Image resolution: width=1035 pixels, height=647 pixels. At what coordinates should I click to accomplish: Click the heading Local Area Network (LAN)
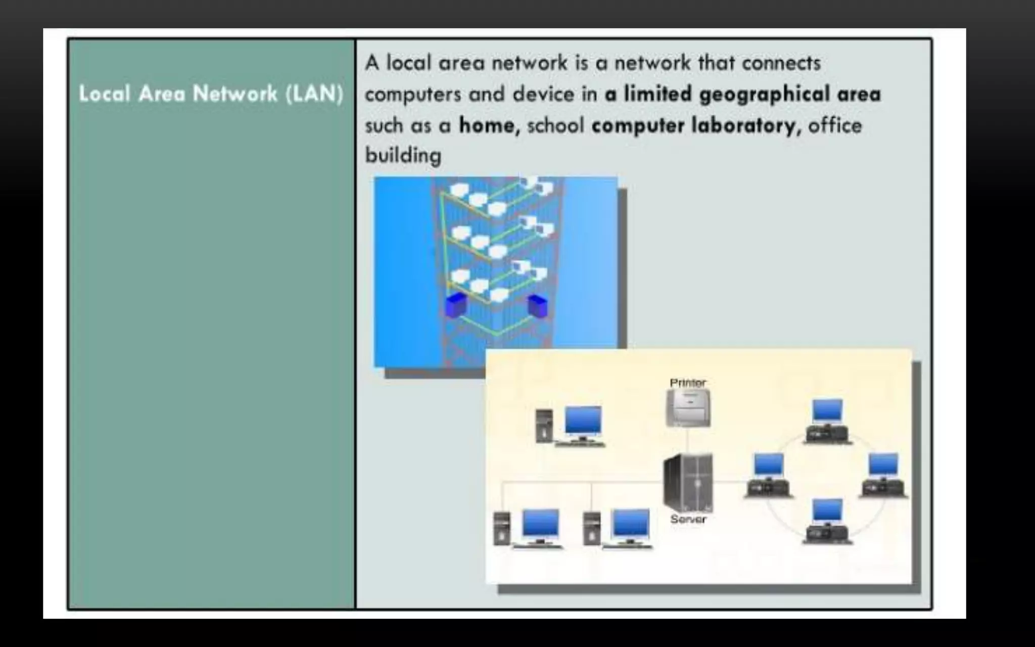point(211,94)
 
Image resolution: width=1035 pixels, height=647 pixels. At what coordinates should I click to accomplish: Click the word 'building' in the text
point(403,155)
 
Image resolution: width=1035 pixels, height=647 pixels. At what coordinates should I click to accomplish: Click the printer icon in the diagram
point(688,408)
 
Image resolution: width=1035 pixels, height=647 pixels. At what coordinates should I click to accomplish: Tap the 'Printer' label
point(687,383)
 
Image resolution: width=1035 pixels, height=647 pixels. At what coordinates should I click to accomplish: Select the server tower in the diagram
point(688,482)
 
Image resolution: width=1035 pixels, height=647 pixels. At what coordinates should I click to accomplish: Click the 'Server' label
point(688,519)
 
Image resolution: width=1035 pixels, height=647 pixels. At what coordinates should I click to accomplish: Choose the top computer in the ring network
point(827,421)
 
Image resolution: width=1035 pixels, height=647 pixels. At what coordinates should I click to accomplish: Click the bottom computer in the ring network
point(827,521)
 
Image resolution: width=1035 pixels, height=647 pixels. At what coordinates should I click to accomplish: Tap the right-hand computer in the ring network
point(884,475)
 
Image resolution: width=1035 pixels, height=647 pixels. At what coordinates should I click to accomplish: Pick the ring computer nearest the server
point(768,475)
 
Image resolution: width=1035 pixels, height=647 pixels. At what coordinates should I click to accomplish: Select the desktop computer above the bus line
point(571,426)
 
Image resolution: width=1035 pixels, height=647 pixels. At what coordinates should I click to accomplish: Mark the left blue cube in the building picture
point(456,304)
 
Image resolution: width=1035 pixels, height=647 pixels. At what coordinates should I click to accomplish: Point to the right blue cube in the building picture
point(537,305)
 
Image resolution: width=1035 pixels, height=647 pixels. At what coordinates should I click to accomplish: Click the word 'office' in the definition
point(835,125)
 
